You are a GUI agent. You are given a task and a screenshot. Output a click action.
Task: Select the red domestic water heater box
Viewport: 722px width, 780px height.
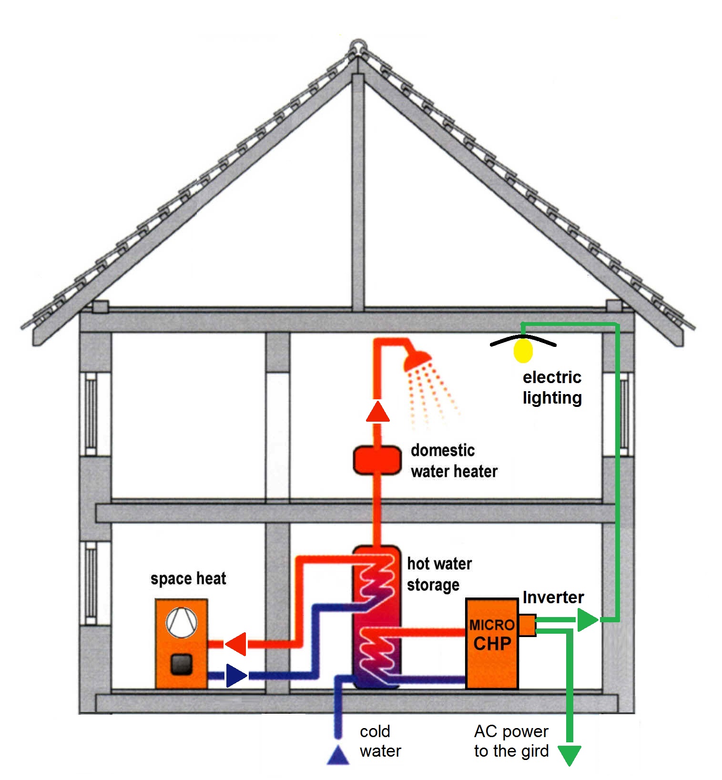point(377,460)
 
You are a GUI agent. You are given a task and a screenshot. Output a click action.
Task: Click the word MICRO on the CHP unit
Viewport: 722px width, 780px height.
point(492,625)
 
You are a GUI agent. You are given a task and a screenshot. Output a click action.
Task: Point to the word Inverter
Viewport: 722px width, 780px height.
point(553,598)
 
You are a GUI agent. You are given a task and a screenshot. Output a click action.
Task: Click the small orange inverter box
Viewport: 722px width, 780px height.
point(527,625)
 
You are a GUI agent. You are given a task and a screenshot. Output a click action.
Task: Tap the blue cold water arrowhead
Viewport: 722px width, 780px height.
point(338,755)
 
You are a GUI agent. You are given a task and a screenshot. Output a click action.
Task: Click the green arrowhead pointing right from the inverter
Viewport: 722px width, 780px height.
point(587,620)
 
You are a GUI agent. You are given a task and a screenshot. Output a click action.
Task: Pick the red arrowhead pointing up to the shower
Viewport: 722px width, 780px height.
point(377,412)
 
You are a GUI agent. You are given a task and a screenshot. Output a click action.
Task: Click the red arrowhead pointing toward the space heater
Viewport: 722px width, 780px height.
point(236,644)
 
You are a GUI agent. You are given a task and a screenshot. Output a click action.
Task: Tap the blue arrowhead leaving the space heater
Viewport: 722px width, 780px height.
point(236,675)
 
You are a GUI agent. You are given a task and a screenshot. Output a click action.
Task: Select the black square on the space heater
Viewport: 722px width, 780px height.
point(181,664)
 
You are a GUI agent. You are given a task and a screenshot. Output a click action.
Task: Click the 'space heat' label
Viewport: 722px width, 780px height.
point(188,578)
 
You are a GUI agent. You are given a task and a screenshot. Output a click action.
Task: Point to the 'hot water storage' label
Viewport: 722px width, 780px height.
point(438,574)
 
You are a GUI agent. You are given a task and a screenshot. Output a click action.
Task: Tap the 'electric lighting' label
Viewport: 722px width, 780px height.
point(552,387)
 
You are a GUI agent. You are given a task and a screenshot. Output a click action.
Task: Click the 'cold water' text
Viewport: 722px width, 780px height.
point(380,741)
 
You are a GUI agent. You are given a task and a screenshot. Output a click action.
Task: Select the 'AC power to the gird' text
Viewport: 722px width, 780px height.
point(511,741)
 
